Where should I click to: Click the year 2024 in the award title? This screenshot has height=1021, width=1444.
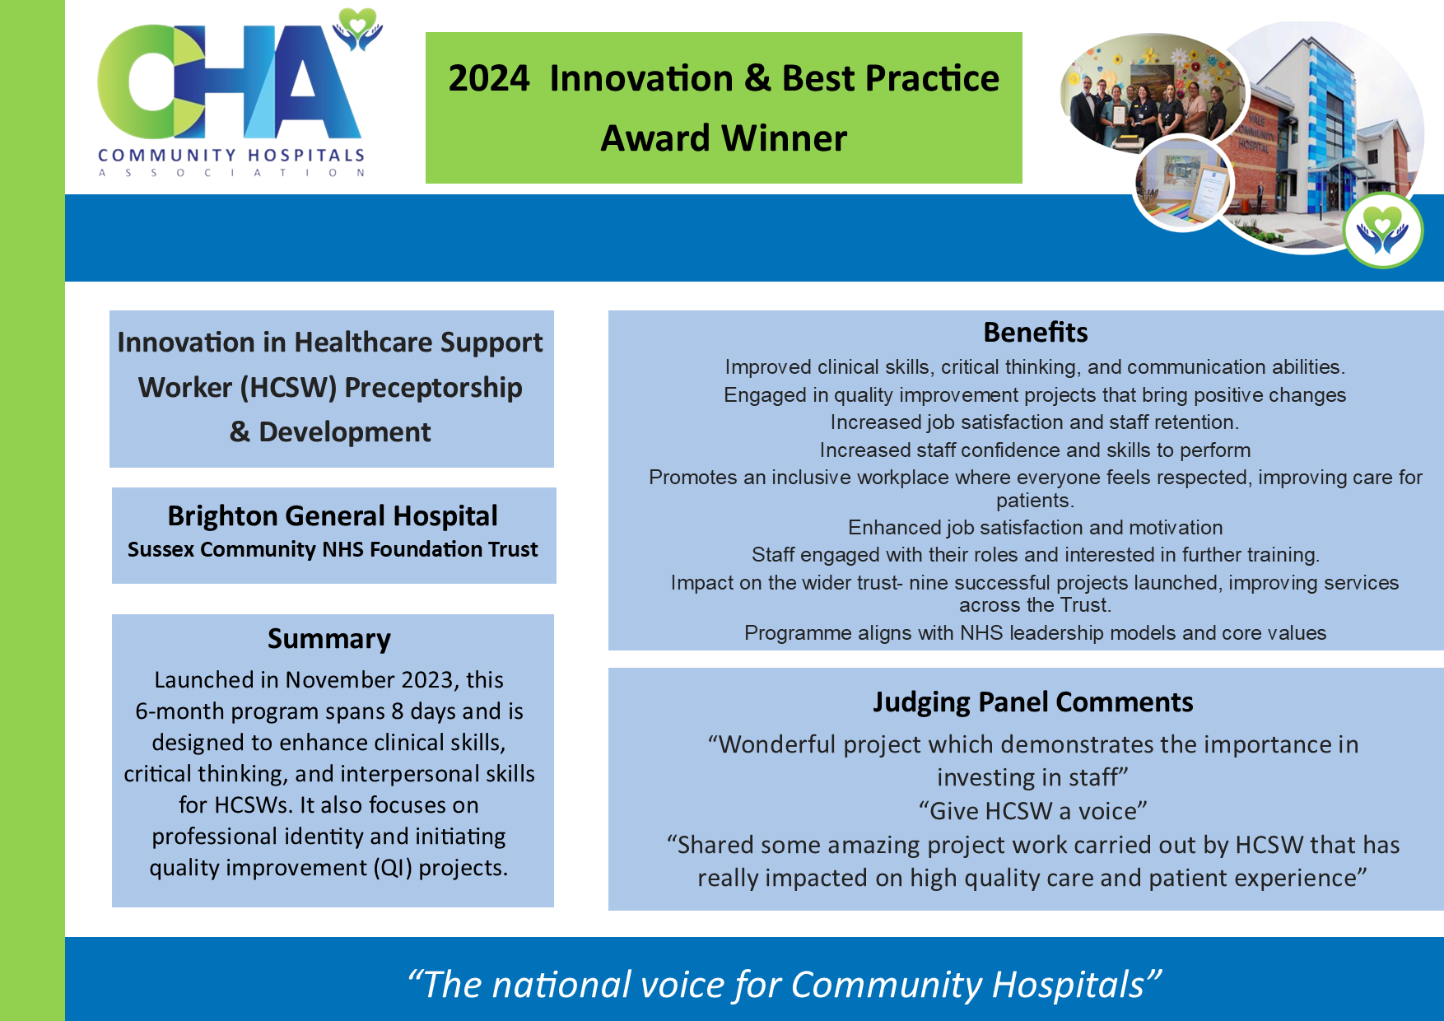click(489, 79)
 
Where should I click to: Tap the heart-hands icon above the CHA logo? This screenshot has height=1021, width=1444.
click(357, 29)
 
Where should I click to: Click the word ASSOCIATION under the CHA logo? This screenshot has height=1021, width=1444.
click(231, 173)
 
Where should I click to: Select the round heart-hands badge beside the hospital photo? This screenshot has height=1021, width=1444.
click(1382, 231)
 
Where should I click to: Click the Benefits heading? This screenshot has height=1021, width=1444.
click(1035, 333)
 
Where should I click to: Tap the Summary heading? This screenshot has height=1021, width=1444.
click(328, 639)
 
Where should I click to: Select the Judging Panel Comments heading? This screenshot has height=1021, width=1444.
click(1032, 702)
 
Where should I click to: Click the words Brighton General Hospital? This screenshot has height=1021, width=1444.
click(333, 516)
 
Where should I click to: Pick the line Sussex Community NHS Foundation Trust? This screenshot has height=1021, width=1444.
click(333, 550)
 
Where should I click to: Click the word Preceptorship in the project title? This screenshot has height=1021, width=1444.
click(433, 388)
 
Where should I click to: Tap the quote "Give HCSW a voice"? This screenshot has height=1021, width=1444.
click(1032, 811)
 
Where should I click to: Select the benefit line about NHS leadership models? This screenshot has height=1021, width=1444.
click(1035, 633)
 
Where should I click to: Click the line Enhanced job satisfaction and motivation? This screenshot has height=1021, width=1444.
click(1035, 528)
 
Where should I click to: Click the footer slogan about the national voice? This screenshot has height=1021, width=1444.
click(784, 985)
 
